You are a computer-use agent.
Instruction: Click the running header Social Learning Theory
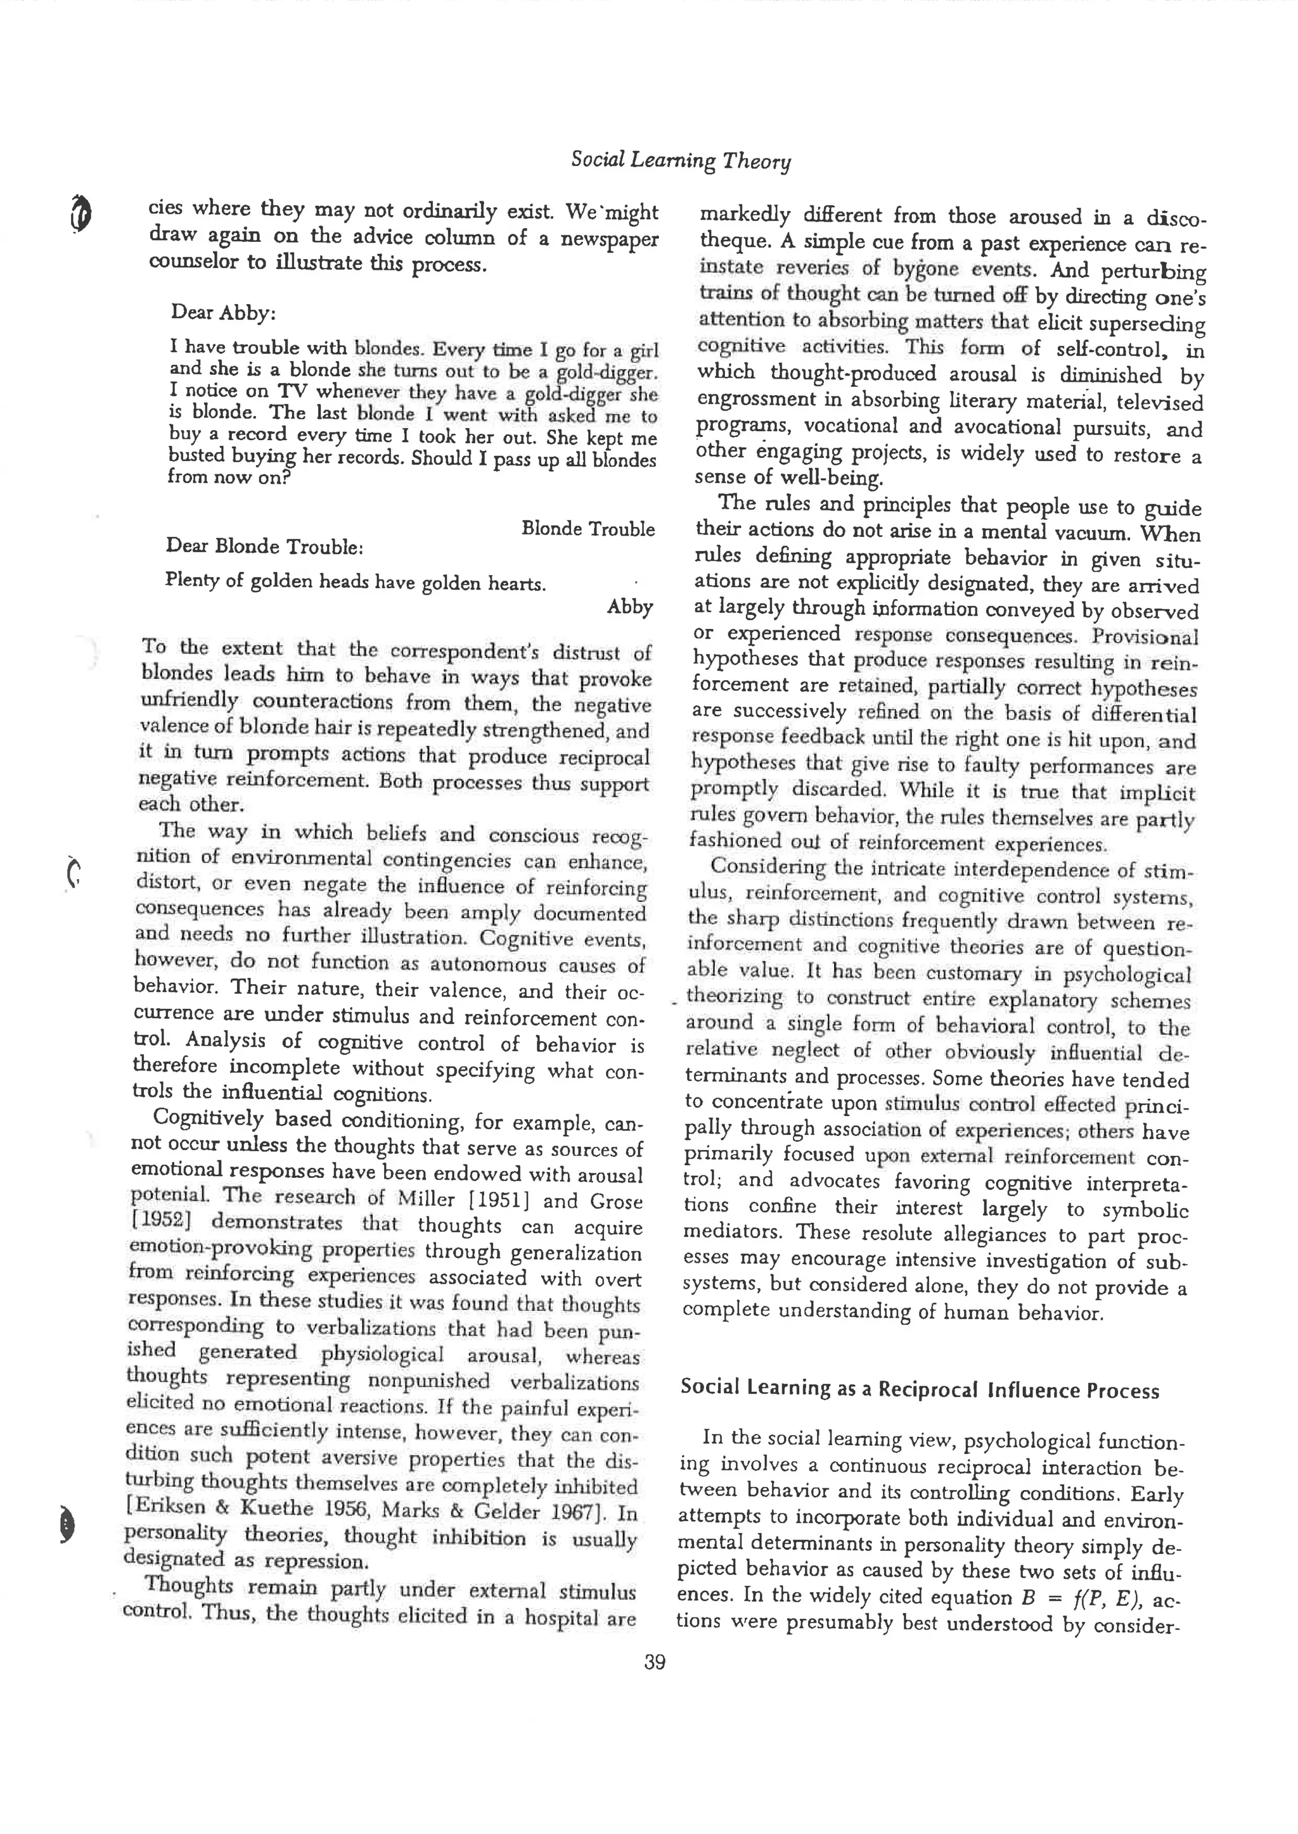680,161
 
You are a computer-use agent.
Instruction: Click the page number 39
655,1662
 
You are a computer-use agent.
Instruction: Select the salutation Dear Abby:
223,312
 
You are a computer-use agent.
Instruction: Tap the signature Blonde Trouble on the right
588,529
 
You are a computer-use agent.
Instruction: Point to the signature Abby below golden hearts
630,607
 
